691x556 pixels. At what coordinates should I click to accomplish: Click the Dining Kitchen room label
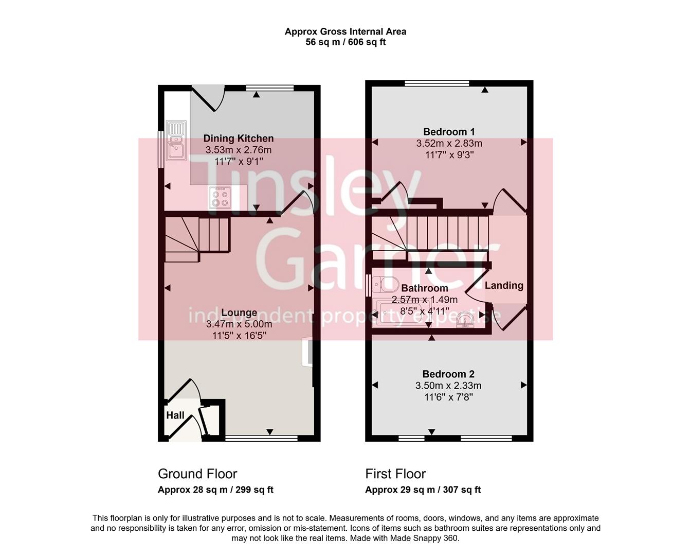(x=239, y=138)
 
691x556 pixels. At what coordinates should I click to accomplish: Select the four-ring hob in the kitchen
(x=220, y=197)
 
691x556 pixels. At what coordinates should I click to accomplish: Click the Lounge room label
(x=239, y=312)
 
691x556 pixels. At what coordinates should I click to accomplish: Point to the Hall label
(x=175, y=415)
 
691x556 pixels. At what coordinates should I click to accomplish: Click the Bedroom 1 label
(x=449, y=131)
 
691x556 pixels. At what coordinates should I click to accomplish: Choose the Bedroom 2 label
(x=448, y=374)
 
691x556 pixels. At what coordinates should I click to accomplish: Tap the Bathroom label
(x=425, y=288)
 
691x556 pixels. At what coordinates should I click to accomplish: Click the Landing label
(x=504, y=285)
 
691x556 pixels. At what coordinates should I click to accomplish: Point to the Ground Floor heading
(x=197, y=474)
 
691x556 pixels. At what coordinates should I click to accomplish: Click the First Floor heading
(x=395, y=474)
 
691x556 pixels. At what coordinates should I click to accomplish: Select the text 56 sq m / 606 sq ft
(x=345, y=42)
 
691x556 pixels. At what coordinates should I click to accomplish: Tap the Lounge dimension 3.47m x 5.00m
(x=239, y=324)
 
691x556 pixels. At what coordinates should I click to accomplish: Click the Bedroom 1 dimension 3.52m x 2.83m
(x=449, y=143)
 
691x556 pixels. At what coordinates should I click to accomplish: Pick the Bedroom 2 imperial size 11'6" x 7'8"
(x=448, y=397)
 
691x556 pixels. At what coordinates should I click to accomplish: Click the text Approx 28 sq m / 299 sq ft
(x=215, y=490)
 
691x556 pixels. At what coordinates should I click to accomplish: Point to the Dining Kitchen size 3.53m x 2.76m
(x=239, y=150)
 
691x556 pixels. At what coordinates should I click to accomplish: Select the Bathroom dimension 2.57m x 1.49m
(x=425, y=300)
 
